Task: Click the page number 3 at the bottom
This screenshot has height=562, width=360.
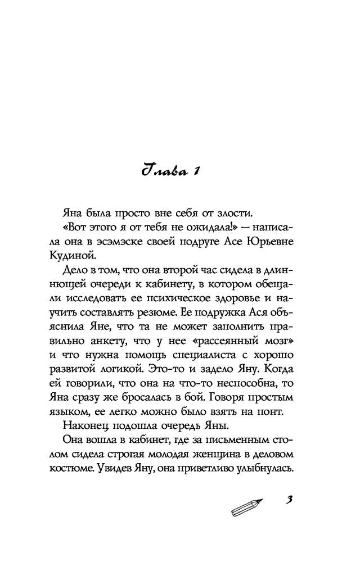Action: (x=290, y=502)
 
